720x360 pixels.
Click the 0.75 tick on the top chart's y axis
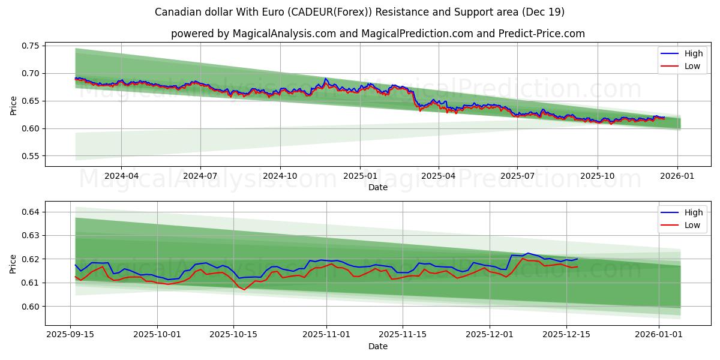point(31,46)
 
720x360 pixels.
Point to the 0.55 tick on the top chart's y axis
point(31,156)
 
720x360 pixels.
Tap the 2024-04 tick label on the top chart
point(121,176)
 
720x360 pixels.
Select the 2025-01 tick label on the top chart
point(360,176)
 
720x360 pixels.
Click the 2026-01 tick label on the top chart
point(677,176)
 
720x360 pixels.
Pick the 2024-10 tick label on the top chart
point(280,176)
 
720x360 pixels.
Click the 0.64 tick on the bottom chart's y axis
point(31,212)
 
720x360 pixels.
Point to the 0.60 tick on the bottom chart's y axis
point(31,307)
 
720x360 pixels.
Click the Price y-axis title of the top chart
point(13,106)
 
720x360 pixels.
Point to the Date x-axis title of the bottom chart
point(378,346)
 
